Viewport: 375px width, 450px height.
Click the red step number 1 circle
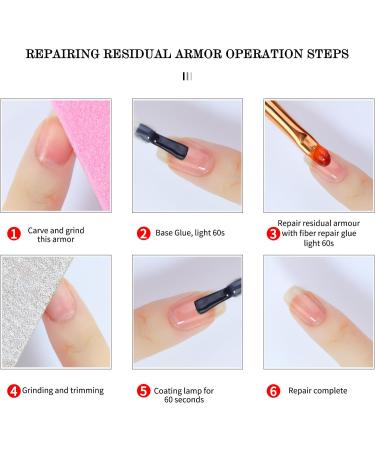click(13, 234)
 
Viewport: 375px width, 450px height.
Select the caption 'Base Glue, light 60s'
click(195, 233)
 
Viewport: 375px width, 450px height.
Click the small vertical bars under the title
click(187, 75)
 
